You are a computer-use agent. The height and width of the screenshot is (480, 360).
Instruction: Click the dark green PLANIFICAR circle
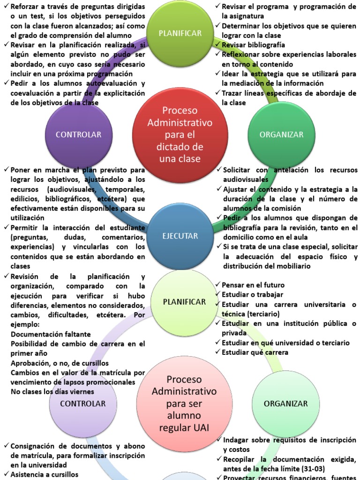(180, 33)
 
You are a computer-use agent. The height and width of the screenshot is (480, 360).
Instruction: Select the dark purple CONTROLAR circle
(78, 135)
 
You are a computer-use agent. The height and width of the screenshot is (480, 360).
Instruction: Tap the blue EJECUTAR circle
(181, 236)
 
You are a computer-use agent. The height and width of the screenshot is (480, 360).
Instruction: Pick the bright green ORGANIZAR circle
(282, 135)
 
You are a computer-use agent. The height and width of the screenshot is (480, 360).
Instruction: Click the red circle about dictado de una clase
(180, 135)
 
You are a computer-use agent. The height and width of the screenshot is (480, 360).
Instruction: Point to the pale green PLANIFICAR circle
(184, 301)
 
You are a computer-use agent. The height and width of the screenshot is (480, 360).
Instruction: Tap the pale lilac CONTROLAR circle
(83, 403)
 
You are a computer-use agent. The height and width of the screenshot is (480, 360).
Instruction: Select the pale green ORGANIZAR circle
(285, 403)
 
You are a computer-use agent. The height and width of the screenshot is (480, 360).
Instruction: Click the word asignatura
(243, 16)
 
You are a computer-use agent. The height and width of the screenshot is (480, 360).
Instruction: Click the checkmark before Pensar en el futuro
(218, 285)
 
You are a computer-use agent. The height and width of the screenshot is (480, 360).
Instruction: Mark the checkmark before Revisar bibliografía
(218, 45)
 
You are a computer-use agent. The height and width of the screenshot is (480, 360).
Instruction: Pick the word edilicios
(27, 199)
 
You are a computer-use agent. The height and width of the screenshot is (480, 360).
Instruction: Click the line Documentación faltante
(51, 334)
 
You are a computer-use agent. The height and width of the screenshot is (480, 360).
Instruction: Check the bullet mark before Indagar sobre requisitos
(219, 440)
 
